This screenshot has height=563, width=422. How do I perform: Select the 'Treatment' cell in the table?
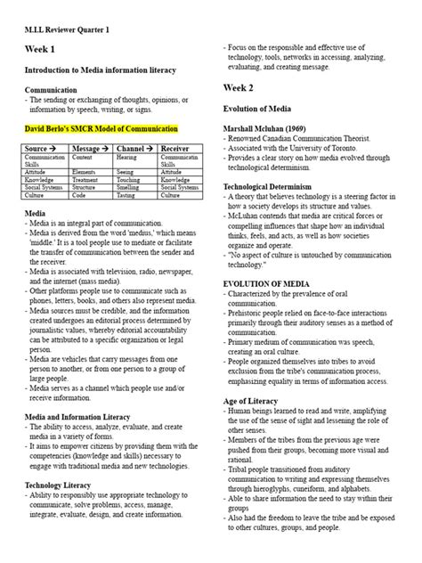(86, 179)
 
